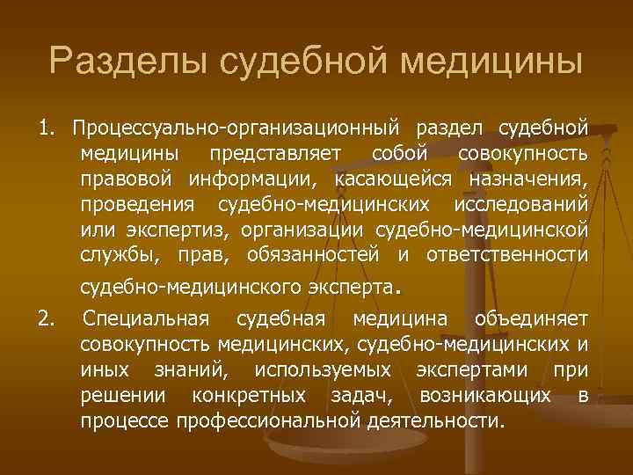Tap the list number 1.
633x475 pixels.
click(45, 128)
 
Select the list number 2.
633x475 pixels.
click(46, 318)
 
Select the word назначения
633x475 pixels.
click(527, 179)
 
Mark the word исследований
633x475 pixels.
click(520, 205)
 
